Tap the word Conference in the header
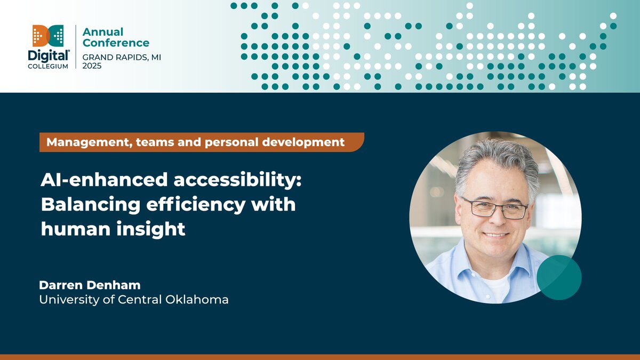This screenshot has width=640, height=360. pyautogui.click(x=116, y=43)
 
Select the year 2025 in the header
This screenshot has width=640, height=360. pyautogui.click(x=92, y=66)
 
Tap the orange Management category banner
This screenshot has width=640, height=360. pyautogui.click(x=201, y=142)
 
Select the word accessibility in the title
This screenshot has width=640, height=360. pyautogui.click(x=236, y=180)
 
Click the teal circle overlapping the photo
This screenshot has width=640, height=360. pyautogui.click(x=559, y=277)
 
